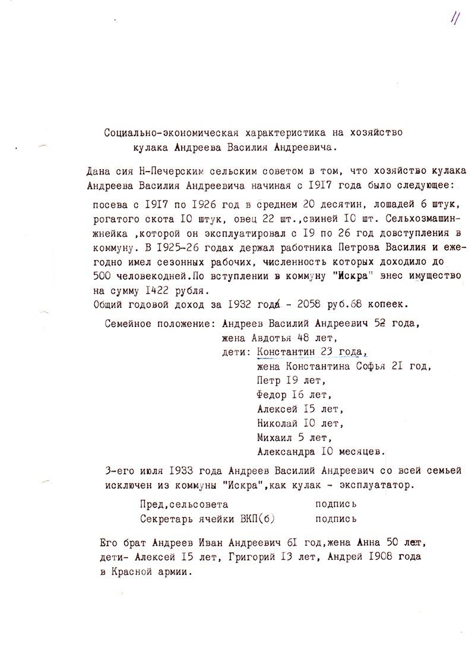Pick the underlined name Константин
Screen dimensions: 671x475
point(285,352)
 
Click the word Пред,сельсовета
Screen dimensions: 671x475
point(183,504)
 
